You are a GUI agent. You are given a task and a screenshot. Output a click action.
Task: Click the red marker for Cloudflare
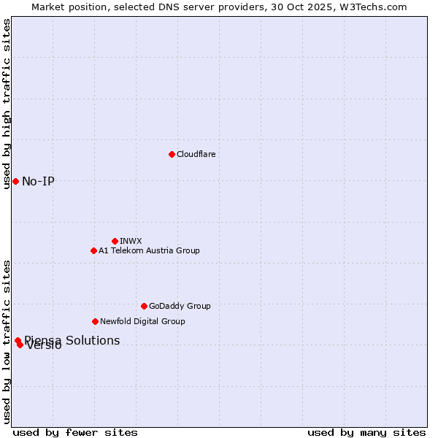pyautogui.click(x=172, y=154)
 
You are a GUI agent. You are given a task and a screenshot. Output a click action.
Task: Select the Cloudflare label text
pyautogui.click(x=196, y=154)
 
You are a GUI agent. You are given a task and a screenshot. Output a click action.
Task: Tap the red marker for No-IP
pyautogui.click(x=15, y=181)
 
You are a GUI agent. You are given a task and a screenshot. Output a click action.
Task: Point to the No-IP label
pyautogui.click(x=38, y=181)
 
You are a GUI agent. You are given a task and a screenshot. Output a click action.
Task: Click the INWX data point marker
pyautogui.click(x=115, y=241)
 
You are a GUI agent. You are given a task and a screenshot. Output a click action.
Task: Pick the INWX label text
pyautogui.click(x=131, y=241)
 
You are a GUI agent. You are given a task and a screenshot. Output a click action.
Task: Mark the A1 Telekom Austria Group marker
pyautogui.click(x=93, y=250)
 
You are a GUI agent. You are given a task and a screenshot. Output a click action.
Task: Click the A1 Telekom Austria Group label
pyautogui.click(x=149, y=250)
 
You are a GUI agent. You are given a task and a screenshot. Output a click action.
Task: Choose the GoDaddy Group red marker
pyautogui.click(x=144, y=306)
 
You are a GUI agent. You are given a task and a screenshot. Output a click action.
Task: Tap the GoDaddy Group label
pyautogui.click(x=180, y=306)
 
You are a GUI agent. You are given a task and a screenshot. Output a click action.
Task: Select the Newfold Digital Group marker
pyautogui.click(x=95, y=321)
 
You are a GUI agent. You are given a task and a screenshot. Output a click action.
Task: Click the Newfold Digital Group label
pyautogui.click(x=142, y=321)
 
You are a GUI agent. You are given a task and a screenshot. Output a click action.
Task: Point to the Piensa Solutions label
pyautogui.click(x=72, y=340)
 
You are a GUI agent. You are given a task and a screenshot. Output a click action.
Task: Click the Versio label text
pyautogui.click(x=45, y=346)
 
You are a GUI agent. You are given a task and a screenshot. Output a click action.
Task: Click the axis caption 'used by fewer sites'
pyautogui.click(x=75, y=432)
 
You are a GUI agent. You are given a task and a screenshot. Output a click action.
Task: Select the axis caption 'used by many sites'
pyautogui.click(x=366, y=432)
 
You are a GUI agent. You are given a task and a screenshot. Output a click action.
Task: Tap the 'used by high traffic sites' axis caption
pyautogui.click(x=7, y=104)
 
